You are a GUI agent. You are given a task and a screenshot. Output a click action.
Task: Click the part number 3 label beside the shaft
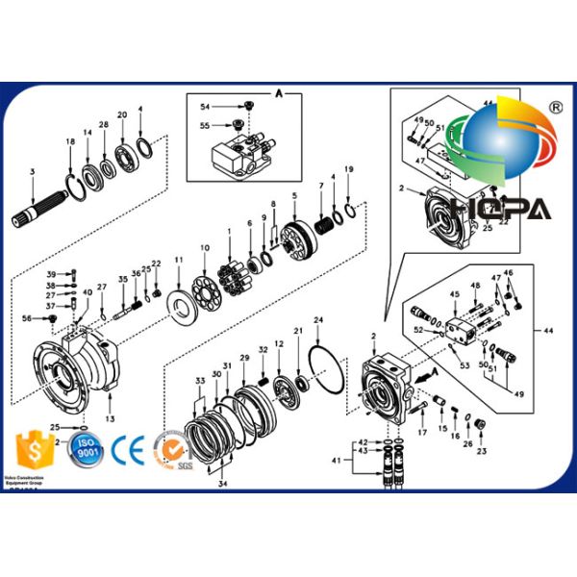[32, 172]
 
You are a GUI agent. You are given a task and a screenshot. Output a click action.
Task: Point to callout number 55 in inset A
[205, 124]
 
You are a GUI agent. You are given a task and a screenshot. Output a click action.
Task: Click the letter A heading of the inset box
[279, 93]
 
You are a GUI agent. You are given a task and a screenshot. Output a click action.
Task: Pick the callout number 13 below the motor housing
[110, 419]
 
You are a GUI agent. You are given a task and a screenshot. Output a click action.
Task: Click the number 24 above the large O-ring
[318, 319]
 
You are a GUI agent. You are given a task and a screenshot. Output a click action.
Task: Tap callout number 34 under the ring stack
[223, 484]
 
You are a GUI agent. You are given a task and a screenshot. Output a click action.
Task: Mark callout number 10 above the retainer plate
[204, 248]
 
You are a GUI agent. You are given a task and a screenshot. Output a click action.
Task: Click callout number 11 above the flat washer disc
[178, 261]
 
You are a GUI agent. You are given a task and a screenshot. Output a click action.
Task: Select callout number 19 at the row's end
[349, 170]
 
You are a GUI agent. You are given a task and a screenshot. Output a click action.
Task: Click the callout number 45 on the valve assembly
[454, 293]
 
